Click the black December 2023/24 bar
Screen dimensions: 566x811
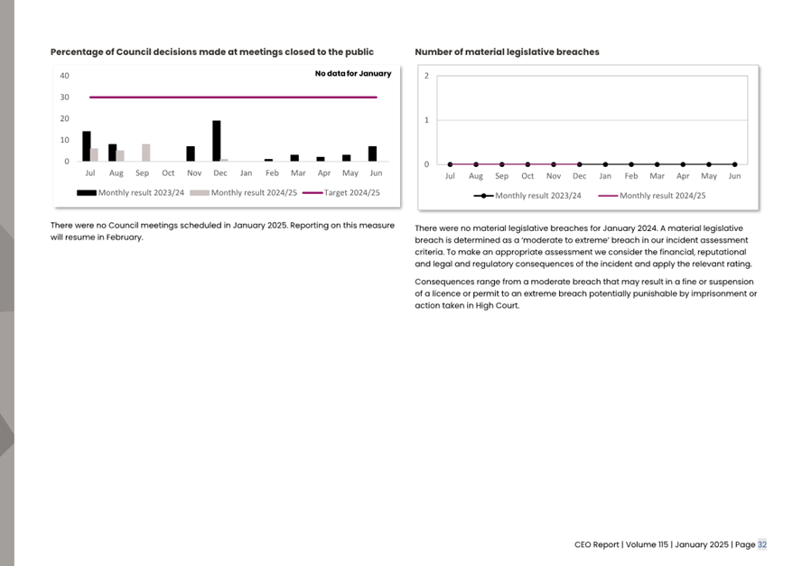click(216, 141)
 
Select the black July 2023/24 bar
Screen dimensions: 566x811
click(87, 146)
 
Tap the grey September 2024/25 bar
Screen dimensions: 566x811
click(145, 153)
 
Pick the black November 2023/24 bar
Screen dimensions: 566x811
click(191, 153)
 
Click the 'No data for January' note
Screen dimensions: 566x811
click(352, 74)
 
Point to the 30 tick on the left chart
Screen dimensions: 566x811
click(64, 97)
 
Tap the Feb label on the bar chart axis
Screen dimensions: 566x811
click(272, 172)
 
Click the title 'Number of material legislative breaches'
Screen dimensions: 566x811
click(507, 52)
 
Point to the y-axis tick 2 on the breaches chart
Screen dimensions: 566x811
click(427, 76)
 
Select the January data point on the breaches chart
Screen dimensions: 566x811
click(605, 164)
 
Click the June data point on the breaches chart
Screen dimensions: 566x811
click(734, 164)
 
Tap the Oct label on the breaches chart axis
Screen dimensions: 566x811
click(527, 176)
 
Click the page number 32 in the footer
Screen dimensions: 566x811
click(762, 544)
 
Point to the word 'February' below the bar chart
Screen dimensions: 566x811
click(124, 237)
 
